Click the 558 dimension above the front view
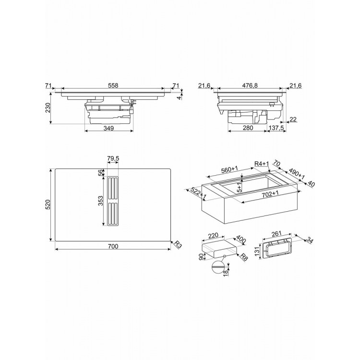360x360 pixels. pyautogui.click(x=113, y=85)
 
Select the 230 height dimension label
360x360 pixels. pyautogui.click(x=48, y=108)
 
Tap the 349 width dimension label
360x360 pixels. pyautogui.click(x=108, y=128)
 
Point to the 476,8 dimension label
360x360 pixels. pyautogui.click(x=249, y=85)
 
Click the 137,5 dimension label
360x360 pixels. pyautogui.click(x=276, y=128)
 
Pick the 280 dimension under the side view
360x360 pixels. pyautogui.click(x=248, y=128)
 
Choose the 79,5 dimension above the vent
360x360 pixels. pyautogui.click(x=113, y=158)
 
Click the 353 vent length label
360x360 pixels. pyautogui.click(x=101, y=201)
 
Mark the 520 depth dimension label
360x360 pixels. pyautogui.click(x=48, y=204)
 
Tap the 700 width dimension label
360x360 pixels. pyautogui.click(x=113, y=246)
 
